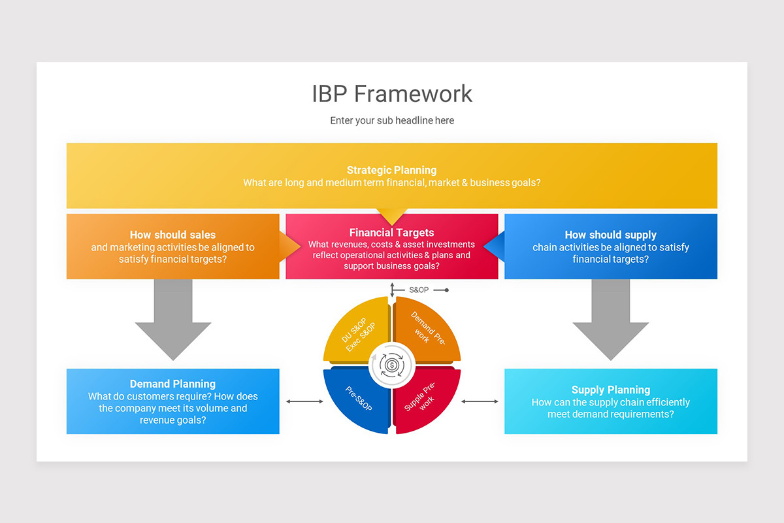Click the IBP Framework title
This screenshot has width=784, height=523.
pos(392,94)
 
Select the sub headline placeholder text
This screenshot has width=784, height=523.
pos(392,120)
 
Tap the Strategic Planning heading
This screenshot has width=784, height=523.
pos(391,170)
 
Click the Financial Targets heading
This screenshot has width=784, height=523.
pos(391,233)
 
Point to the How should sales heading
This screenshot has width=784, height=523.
pos(173,235)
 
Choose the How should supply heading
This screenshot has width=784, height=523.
pos(611,235)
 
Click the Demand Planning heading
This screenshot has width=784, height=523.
pos(173,384)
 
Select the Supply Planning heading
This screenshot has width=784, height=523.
pos(611,390)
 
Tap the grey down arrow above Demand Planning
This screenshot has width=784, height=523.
pos(173,320)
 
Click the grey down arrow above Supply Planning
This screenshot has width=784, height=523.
pos(611,320)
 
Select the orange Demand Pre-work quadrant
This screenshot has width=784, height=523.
pos(425,331)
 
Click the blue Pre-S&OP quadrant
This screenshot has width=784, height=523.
pos(357,399)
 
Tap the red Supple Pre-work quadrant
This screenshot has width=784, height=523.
pos(425,399)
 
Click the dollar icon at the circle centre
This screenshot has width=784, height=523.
pos(392,365)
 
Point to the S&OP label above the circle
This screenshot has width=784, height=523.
pos(419,290)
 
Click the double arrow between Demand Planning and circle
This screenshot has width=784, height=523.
pos(304,401)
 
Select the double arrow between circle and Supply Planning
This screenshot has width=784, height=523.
pos(480,401)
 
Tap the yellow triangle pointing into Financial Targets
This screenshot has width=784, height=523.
pos(392,215)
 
